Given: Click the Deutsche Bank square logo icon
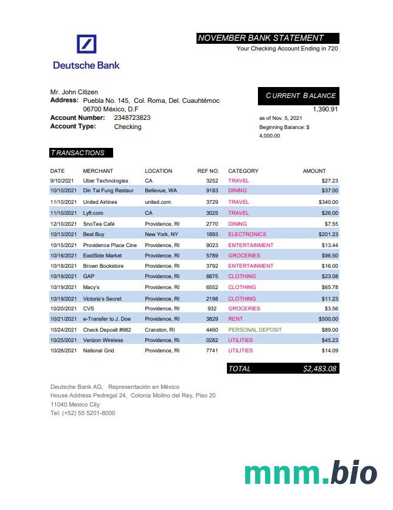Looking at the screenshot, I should click(x=86, y=45).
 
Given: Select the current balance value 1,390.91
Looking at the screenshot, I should click(x=325, y=109).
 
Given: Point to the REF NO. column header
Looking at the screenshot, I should click(x=208, y=171).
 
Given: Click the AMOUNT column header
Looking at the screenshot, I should click(x=314, y=171).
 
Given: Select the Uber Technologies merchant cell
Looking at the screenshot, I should click(x=105, y=181).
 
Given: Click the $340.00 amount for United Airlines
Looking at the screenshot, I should click(x=328, y=202).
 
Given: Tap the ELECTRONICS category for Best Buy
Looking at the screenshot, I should click(x=247, y=234).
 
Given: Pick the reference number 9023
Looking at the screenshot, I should click(x=212, y=245).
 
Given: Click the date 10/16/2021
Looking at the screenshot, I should click(x=63, y=256).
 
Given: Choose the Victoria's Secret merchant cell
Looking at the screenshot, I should click(x=102, y=299).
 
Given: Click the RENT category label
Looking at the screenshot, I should click(x=235, y=319).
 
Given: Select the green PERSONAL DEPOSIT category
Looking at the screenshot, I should click(x=255, y=330).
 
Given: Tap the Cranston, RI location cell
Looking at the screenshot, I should click(x=160, y=330).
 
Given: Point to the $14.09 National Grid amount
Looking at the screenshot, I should click(x=330, y=351).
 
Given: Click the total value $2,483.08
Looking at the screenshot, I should click(x=320, y=369).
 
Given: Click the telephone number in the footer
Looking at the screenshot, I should click(x=82, y=413).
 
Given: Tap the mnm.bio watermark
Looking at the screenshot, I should click(x=310, y=473).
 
